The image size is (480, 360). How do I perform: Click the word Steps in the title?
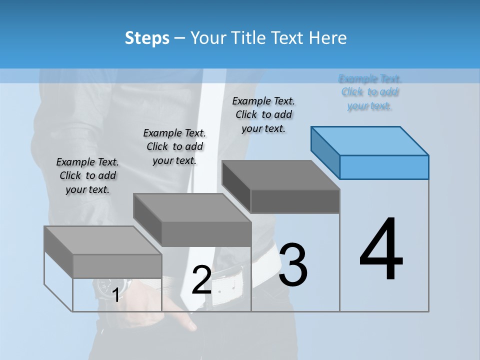coord(147,38)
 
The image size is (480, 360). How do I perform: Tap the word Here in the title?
coord(327,38)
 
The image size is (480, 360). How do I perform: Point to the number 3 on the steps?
coord(293,265)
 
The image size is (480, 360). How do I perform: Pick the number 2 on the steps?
coord(202,280)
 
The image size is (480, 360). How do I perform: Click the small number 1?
coord(115,295)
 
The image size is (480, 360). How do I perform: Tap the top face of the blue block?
coord(370,140)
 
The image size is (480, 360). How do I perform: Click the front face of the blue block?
coord(384,167)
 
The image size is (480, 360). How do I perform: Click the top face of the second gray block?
coord(192,207)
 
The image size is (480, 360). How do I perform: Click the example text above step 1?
coord(87,175)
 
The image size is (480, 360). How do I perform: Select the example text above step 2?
coord(174,146)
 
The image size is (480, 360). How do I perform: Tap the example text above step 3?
coord(263,114)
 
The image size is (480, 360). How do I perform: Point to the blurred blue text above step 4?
coord(370,92)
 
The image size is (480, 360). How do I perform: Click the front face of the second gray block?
coord(206,234)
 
